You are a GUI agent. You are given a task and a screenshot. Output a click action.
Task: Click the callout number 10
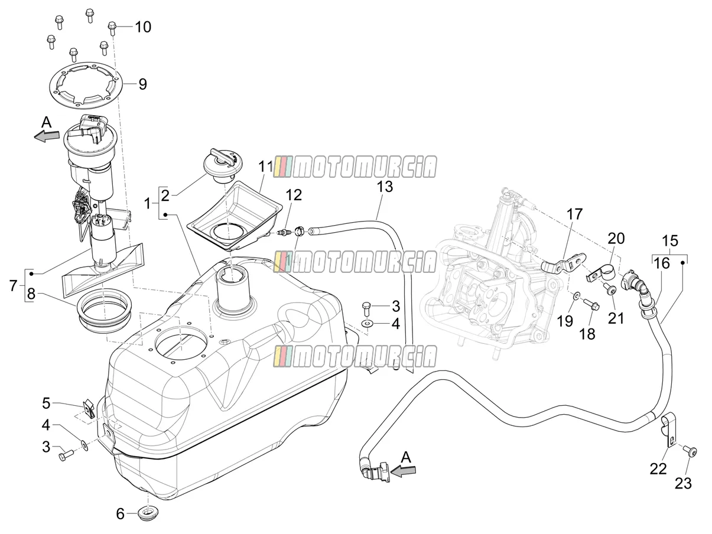tap(143, 27)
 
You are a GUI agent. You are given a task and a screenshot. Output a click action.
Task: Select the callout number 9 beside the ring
tap(142, 84)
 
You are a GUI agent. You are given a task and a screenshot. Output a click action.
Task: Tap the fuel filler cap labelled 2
tap(223, 165)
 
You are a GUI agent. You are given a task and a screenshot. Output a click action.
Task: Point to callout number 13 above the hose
tap(385, 187)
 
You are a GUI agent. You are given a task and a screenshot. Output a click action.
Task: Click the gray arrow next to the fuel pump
tap(47, 136)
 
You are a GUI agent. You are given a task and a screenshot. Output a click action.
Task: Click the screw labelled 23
tap(690, 452)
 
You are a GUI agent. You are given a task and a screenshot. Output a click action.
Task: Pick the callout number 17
tap(575, 214)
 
